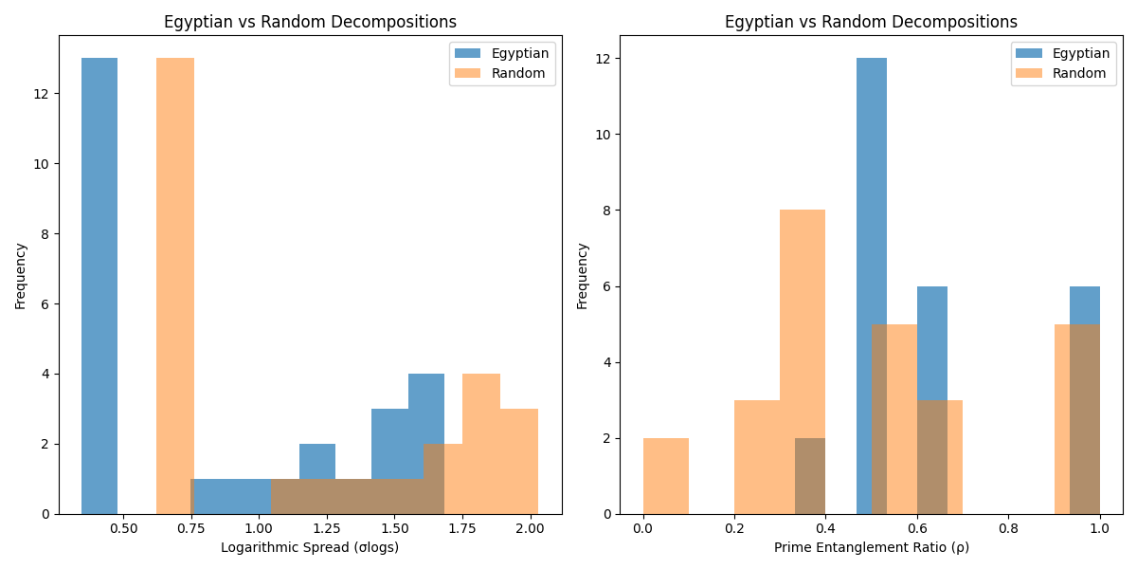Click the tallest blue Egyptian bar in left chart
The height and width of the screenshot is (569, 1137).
pyautogui.click(x=99, y=284)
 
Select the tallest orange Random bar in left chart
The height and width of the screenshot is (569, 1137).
pyautogui.click(x=175, y=284)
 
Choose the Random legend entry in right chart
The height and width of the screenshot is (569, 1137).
pyautogui.click(x=1079, y=73)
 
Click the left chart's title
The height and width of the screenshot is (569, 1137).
pyautogui.click(x=310, y=22)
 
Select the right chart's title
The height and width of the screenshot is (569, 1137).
pyautogui.click(x=871, y=22)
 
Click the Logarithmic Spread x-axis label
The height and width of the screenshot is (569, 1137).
pyautogui.click(x=310, y=547)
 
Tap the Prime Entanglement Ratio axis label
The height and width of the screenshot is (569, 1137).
pyautogui.click(x=871, y=547)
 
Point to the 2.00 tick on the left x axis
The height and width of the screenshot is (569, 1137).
pyautogui.click(x=529, y=527)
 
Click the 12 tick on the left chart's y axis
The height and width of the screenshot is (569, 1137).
pyautogui.click(x=44, y=94)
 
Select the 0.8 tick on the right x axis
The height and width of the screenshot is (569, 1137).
pyautogui.click(x=1008, y=527)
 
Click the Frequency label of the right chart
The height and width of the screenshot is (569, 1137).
pyautogui.click(x=583, y=275)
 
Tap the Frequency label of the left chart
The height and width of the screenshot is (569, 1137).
pyautogui.click(x=21, y=275)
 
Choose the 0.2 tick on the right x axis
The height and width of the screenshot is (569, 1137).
pyautogui.click(x=734, y=527)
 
